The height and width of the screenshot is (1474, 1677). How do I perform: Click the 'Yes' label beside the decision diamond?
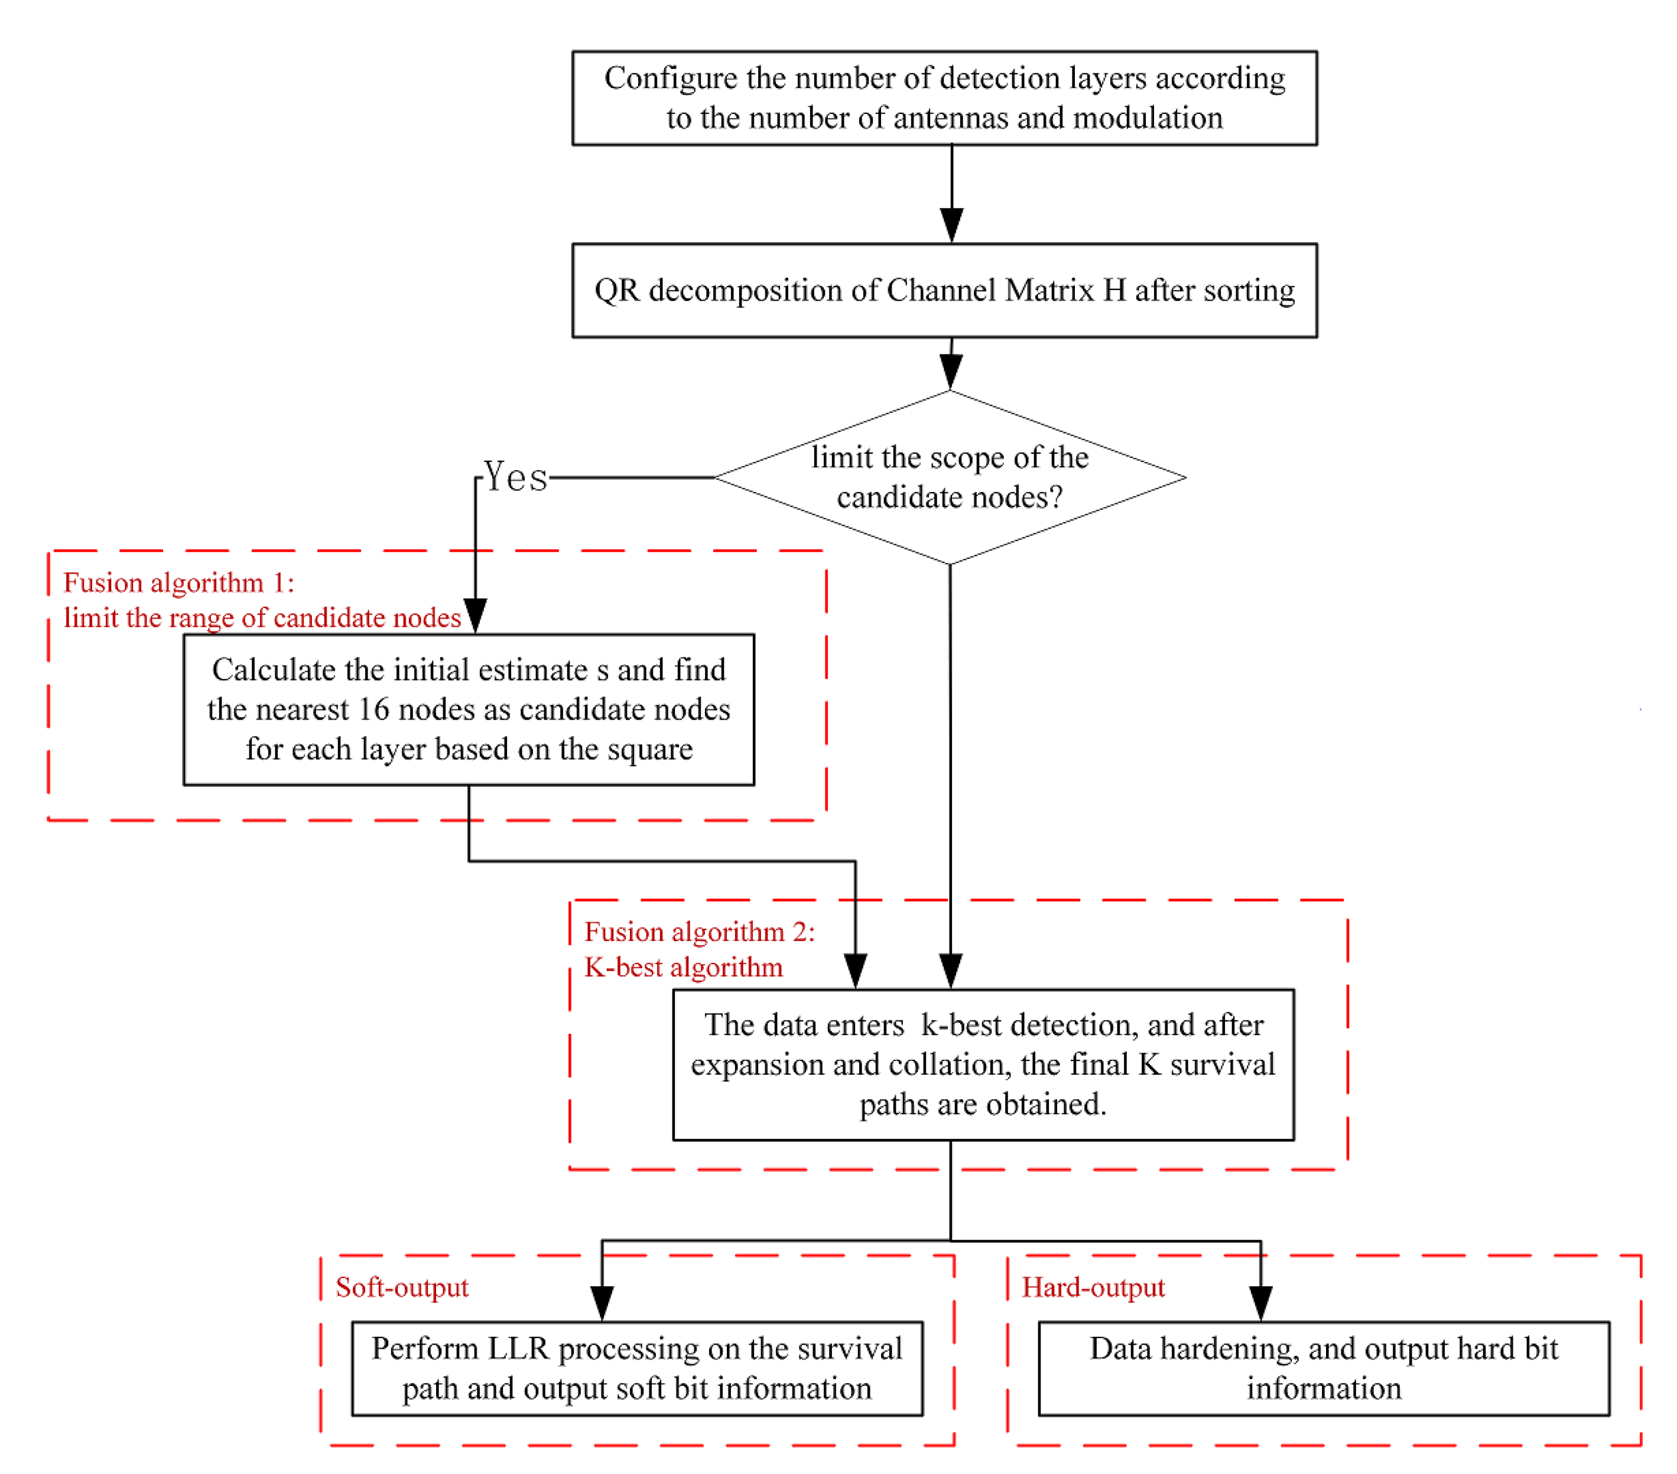(x=515, y=477)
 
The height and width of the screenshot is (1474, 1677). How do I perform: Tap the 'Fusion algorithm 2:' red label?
(x=699, y=932)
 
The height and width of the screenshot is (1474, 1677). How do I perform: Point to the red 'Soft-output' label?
(x=401, y=1287)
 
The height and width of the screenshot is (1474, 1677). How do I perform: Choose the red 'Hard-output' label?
(x=1092, y=1287)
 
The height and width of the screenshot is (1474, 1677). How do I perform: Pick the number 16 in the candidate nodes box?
(x=373, y=709)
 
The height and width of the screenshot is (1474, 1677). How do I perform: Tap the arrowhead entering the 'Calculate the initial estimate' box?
(x=475, y=614)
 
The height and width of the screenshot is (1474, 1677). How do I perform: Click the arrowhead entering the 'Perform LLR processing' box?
(x=602, y=1303)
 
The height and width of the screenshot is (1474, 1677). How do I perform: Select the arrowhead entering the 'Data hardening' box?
(x=1260, y=1303)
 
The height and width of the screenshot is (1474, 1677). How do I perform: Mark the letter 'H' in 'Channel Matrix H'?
(x=1114, y=291)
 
